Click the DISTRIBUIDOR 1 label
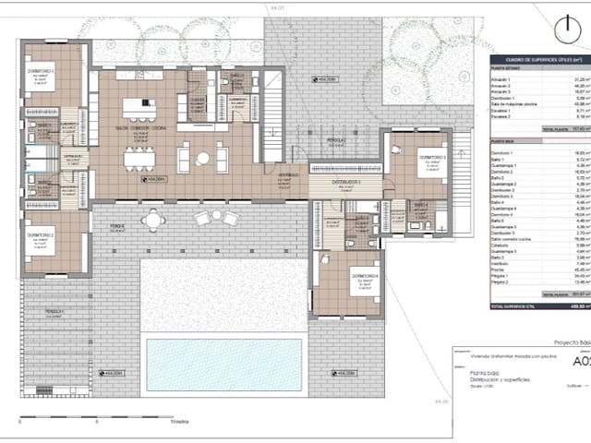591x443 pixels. click(x=346, y=183)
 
